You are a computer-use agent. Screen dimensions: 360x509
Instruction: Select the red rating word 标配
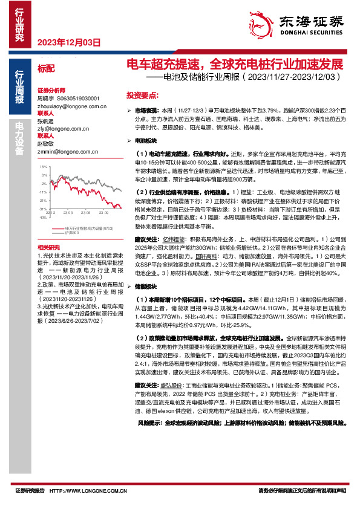click(x=45, y=70)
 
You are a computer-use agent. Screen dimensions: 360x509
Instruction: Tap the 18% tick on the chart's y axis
click(x=42, y=166)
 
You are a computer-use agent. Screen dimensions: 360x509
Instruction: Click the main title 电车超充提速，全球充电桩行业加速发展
click(x=234, y=65)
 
